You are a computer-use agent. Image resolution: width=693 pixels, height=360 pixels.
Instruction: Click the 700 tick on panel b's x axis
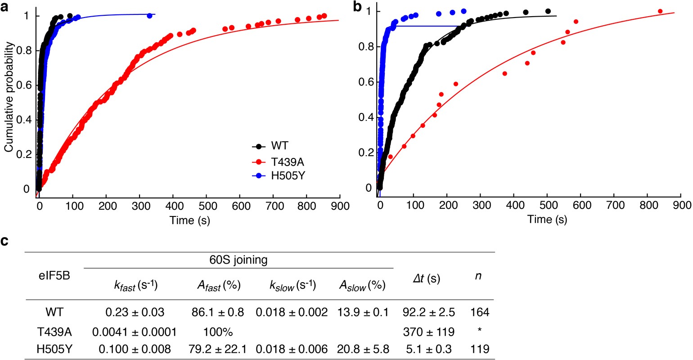coord(615,205)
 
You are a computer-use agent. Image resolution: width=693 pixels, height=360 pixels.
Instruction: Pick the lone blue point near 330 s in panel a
coord(149,16)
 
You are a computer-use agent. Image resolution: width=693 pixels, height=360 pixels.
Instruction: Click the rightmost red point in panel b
coord(660,11)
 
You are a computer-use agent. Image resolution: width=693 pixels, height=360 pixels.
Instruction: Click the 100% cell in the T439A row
coord(217,332)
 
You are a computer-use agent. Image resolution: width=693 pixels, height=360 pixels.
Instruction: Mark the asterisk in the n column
coord(480,331)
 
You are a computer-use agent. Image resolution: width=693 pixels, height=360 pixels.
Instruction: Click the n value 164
coord(480,312)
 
